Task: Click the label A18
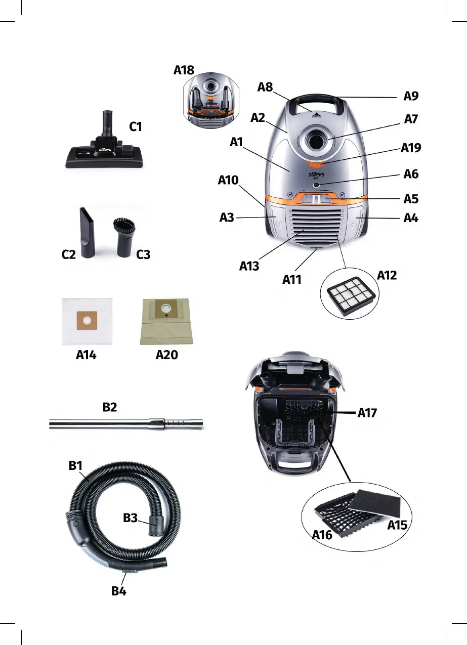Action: coord(184,70)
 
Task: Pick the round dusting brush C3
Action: coord(123,236)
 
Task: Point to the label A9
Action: coord(411,96)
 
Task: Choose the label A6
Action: coord(411,174)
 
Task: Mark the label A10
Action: coord(228,181)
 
